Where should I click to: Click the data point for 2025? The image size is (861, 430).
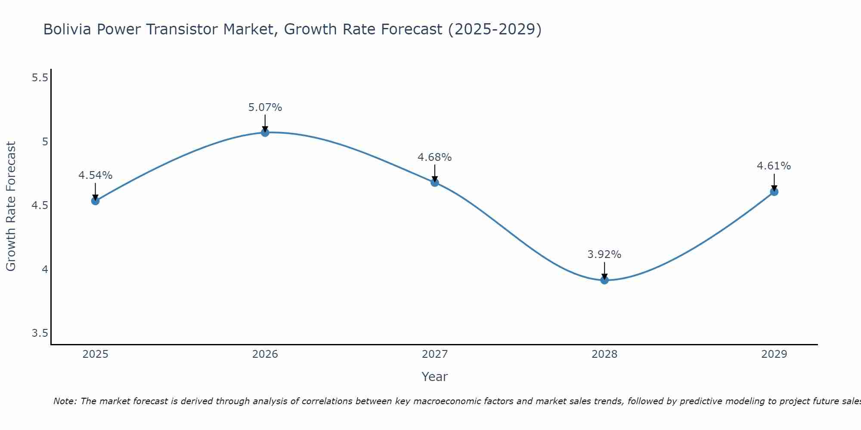coord(96,201)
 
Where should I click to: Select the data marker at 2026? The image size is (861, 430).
coord(265,132)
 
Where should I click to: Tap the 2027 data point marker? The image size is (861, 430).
coord(435,182)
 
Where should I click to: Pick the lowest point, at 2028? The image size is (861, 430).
coord(604,280)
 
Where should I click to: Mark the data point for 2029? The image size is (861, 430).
coord(774,192)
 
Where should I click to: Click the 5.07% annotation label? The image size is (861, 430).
coord(265,107)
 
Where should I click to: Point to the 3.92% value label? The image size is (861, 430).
coord(604,255)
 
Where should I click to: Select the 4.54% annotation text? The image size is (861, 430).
coord(96,175)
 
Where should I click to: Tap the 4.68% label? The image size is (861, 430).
coord(435,157)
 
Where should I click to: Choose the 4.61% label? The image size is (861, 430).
coord(774,166)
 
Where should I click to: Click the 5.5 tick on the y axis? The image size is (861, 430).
coord(40,78)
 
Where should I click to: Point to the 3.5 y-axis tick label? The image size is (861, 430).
coord(40,334)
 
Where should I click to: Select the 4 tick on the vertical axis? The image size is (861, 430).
coord(45,270)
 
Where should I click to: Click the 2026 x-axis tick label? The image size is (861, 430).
coord(265,354)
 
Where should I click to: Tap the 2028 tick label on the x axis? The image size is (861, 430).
coord(604,354)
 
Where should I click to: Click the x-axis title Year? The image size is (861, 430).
coord(435,377)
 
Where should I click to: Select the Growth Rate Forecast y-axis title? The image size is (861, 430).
coord(11,206)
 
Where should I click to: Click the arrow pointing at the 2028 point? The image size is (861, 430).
coord(604,271)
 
